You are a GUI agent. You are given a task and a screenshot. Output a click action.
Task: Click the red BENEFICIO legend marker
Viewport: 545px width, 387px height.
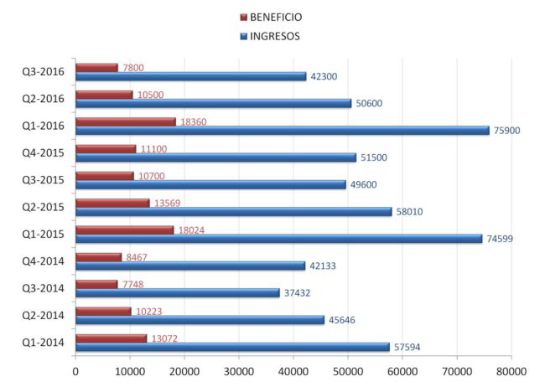244,18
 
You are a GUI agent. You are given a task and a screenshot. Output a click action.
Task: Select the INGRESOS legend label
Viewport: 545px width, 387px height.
275,36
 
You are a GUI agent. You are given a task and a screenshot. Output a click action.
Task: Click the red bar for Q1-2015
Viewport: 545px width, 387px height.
125,230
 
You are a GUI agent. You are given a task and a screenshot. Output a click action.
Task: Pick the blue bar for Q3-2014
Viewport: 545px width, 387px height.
178,292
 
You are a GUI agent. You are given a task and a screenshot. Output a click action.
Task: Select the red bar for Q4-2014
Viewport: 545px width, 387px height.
99,257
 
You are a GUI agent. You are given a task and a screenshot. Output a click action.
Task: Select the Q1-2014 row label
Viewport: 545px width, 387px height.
44,342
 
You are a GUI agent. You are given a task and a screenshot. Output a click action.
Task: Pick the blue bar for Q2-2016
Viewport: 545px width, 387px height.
213,103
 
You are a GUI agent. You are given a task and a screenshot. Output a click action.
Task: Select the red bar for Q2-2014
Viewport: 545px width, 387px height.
104,311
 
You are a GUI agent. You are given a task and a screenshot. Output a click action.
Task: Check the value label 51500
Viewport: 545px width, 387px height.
373,157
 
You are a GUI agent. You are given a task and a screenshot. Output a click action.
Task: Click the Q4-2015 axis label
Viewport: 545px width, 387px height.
44,152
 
